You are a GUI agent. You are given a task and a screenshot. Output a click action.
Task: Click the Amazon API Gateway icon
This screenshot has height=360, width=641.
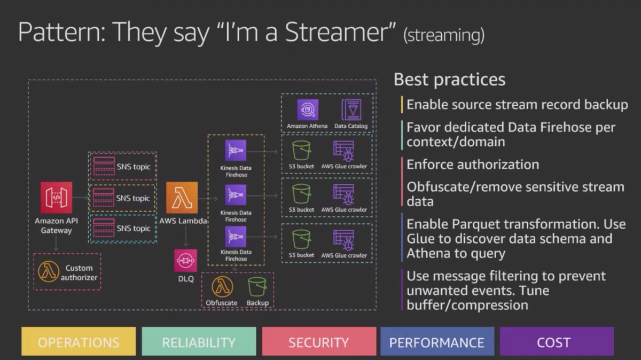pos(57,198)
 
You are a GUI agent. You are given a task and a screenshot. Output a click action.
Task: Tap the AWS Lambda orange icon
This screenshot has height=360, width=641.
pos(182,198)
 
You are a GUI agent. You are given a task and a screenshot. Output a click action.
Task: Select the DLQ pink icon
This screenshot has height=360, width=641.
pos(185,261)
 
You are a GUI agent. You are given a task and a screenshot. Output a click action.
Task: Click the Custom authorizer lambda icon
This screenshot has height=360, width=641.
pos(49,271)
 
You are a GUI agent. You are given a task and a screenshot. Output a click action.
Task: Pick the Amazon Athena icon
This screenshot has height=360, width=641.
pos(308,109)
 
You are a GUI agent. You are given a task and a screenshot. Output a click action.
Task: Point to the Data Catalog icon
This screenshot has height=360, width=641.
pos(351,109)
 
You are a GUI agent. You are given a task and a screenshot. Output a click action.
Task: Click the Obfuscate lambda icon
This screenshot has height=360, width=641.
pos(222,287)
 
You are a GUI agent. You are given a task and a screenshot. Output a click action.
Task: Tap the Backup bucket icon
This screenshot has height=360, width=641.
pos(257,287)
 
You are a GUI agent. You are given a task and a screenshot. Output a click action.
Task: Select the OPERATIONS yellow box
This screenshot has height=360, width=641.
pos(79,341)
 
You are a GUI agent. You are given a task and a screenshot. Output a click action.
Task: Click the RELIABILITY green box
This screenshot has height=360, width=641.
pos(199,341)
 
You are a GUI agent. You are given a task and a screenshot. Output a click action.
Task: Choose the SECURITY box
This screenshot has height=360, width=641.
pos(319,341)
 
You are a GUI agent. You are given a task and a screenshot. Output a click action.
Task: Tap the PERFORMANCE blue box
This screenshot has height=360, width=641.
pos(437,341)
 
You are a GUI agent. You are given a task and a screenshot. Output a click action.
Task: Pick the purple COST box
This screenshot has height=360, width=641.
pos(557,341)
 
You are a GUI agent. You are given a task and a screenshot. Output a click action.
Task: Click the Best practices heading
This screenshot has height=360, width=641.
pos(450,80)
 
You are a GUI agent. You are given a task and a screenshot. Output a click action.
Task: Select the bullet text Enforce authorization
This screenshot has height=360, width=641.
pos(473,165)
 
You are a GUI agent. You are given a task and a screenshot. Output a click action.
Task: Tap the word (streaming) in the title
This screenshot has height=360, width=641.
pos(444,35)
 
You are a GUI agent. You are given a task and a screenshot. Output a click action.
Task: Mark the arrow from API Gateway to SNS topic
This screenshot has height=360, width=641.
pos(81,197)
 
